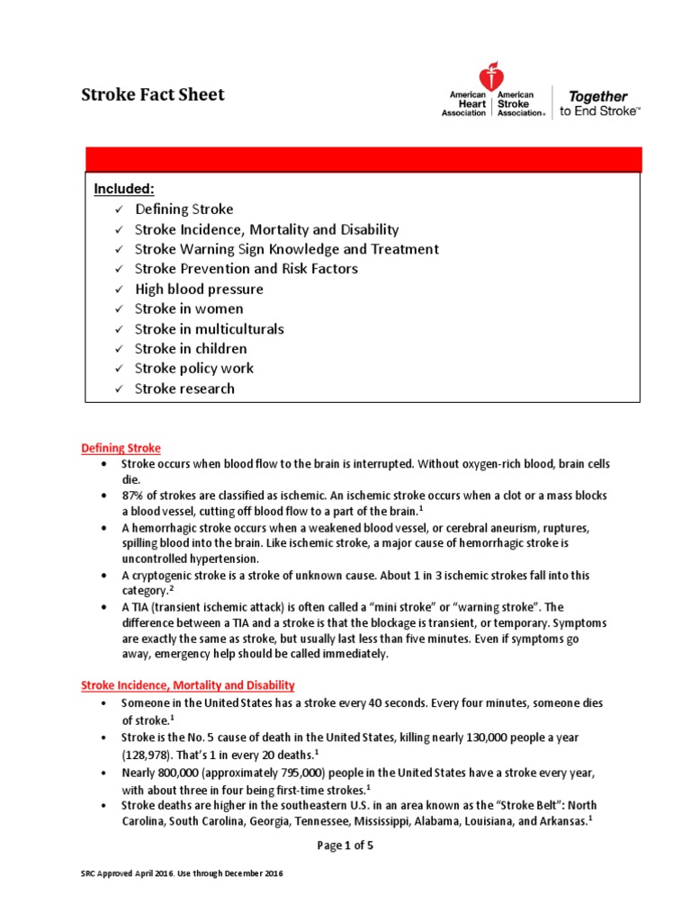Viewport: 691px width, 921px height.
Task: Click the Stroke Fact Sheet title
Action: pyautogui.click(x=154, y=95)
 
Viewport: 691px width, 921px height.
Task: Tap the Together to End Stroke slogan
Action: pyautogui.click(x=600, y=103)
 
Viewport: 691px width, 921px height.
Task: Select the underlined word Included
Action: pyautogui.click(x=125, y=189)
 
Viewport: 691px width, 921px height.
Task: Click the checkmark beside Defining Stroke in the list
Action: pyautogui.click(x=117, y=210)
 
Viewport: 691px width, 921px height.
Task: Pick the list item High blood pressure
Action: pyautogui.click(x=199, y=290)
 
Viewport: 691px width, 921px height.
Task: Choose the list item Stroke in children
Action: pyautogui.click(x=191, y=349)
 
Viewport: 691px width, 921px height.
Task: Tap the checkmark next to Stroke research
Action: pyautogui.click(x=117, y=389)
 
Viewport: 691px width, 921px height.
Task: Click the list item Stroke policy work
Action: pyautogui.click(x=194, y=369)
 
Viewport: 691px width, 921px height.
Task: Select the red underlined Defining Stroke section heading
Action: pyautogui.click(x=121, y=448)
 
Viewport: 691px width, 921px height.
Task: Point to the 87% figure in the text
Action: pyautogui.click(x=133, y=496)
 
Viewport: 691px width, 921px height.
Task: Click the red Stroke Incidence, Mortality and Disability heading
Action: pyautogui.click(x=188, y=685)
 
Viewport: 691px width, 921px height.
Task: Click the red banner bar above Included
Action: pyautogui.click(x=363, y=159)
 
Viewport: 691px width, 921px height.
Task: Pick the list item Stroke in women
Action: pyautogui.click(x=189, y=309)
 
